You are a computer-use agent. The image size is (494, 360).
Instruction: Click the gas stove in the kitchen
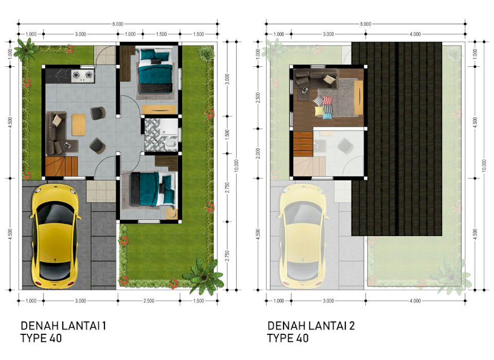point(83,76)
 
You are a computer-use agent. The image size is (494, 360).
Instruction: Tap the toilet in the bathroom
point(170,145)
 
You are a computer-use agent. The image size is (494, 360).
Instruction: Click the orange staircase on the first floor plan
point(61,166)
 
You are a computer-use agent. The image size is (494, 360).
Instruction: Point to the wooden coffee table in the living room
point(78,125)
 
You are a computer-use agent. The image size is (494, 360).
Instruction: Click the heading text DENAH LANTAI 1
point(63,326)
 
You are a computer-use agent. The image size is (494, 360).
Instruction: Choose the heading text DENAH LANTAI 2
point(311,326)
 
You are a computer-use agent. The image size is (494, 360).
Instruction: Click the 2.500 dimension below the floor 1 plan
point(149,301)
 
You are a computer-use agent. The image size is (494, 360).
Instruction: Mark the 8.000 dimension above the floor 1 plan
point(118,24)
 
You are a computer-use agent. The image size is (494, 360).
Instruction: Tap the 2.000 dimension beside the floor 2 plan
point(258,153)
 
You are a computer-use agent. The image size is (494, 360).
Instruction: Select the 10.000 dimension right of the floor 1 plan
point(236,166)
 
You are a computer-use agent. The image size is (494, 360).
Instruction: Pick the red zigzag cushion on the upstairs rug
point(328,100)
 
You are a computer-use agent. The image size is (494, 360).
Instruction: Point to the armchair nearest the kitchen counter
point(98,113)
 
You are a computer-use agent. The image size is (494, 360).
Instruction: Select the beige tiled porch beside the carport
point(101,191)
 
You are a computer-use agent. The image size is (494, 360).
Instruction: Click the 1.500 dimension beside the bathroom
point(227,135)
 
